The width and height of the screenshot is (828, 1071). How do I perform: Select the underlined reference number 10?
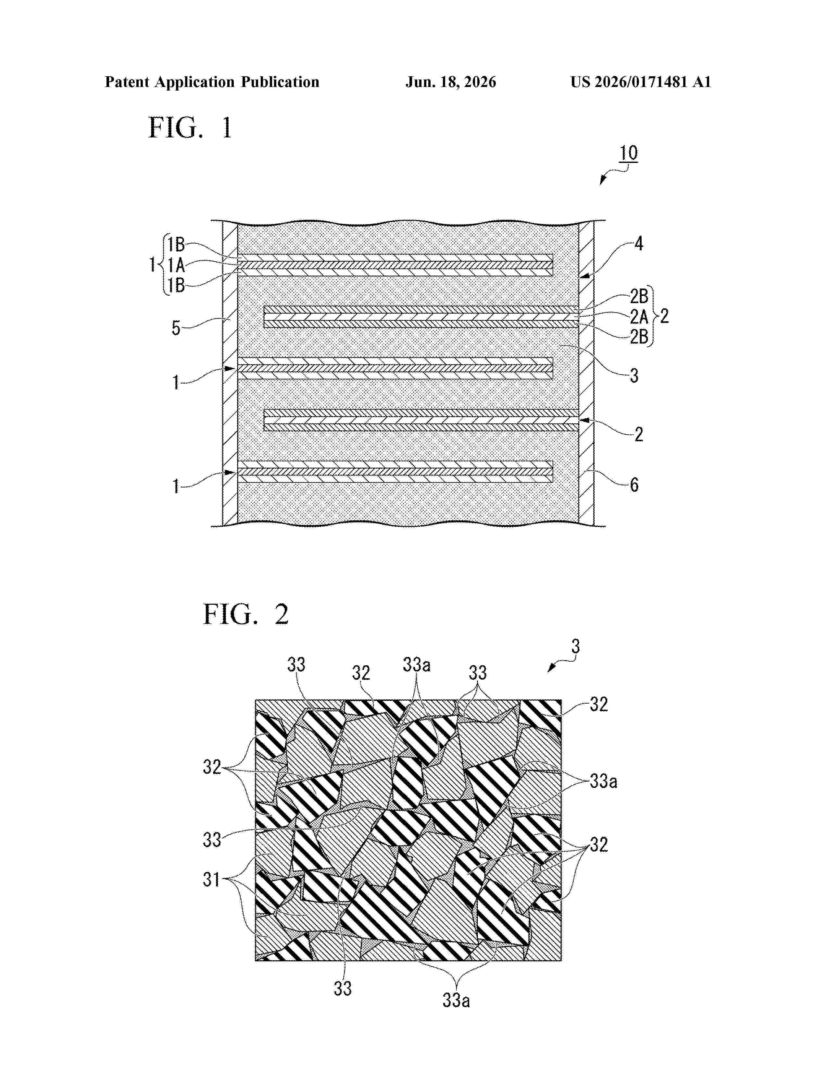[x=628, y=154]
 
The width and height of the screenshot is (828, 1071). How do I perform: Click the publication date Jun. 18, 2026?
[x=450, y=82]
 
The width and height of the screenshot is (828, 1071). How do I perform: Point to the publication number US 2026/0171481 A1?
[x=641, y=82]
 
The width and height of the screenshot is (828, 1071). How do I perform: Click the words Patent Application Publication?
[x=212, y=82]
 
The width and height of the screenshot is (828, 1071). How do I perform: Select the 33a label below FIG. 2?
[x=456, y=1000]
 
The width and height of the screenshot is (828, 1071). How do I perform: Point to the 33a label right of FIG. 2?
[x=603, y=781]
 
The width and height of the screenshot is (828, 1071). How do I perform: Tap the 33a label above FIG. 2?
[x=417, y=665]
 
